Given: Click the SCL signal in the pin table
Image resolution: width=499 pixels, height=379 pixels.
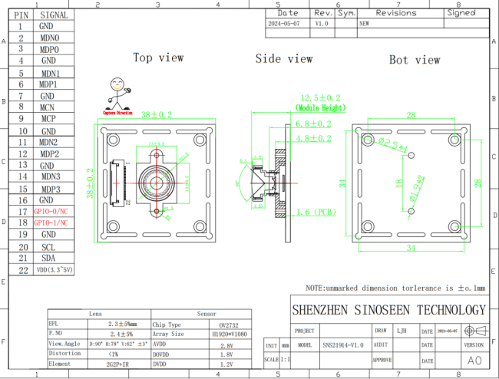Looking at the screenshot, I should click(48, 246).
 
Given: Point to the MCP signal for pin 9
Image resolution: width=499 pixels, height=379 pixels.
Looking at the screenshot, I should click(48, 119).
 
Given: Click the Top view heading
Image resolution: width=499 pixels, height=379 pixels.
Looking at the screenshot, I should click(158, 58).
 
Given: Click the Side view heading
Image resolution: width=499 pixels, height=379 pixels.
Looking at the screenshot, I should click(284, 58).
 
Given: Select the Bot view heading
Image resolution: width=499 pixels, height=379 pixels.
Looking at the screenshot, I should click(415, 59).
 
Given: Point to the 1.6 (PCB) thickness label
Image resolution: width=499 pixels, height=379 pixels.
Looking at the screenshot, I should click(316, 211).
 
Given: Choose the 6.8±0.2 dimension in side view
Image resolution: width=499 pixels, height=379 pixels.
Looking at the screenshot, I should click(313, 123).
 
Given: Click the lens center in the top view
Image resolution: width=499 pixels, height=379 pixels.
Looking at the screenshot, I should click(157, 184).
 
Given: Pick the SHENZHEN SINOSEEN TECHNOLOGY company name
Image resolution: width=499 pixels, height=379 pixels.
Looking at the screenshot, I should click(389, 310).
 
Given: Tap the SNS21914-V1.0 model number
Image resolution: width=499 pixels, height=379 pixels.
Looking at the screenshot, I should click(343, 345).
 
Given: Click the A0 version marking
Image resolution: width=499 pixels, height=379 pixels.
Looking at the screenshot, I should click(474, 360).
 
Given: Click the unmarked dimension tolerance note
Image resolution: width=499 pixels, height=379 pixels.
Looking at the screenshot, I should click(395, 288).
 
